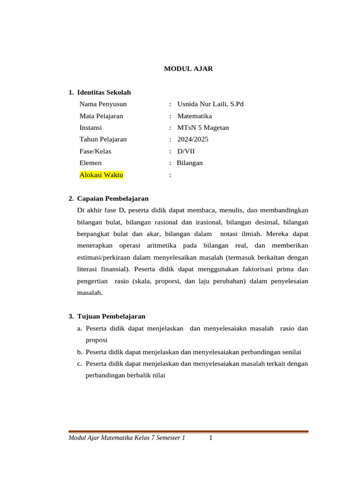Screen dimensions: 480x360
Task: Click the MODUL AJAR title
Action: point(188,68)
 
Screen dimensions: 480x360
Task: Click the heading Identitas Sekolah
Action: point(104,92)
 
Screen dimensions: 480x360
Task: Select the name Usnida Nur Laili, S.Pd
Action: point(210,104)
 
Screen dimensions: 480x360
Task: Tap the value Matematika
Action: point(195,116)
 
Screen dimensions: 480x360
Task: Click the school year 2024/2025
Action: point(193,139)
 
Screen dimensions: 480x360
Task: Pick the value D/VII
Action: point(186,151)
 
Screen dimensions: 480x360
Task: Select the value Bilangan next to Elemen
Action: point(190,163)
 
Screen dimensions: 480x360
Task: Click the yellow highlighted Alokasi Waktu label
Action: point(101,175)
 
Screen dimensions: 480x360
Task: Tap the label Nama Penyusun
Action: point(103,104)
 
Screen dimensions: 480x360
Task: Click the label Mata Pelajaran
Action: point(101,116)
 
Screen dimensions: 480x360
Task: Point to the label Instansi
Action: point(90,127)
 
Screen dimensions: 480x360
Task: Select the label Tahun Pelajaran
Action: point(103,139)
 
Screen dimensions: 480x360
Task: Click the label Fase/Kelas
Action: point(95,151)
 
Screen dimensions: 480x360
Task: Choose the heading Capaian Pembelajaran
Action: point(112,198)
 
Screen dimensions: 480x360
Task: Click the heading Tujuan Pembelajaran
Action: point(111,316)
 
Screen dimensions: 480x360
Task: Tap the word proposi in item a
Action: point(97,340)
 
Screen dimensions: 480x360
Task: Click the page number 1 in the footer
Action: point(211,438)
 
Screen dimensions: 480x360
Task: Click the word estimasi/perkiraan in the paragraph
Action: point(104,257)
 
